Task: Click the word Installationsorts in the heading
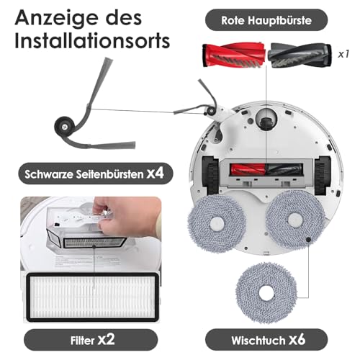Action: click(x=92, y=40)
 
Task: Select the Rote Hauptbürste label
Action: click(x=266, y=20)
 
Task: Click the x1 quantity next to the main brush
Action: click(x=343, y=54)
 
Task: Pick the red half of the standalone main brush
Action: click(x=234, y=55)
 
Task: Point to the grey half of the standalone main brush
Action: click(x=300, y=55)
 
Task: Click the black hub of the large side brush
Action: click(x=64, y=127)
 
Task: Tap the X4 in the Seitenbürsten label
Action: click(x=155, y=174)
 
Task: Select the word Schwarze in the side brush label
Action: click(x=49, y=174)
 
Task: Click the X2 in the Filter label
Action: click(x=106, y=340)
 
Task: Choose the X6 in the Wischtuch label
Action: click(x=297, y=340)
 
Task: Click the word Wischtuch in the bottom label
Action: click(x=258, y=341)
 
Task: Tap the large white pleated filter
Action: click(x=92, y=297)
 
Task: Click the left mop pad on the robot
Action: click(x=217, y=224)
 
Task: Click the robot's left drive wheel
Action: click(x=210, y=175)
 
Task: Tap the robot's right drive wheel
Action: click(x=323, y=175)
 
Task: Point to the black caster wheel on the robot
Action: click(x=266, y=121)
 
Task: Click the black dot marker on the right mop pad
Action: click(x=308, y=240)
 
